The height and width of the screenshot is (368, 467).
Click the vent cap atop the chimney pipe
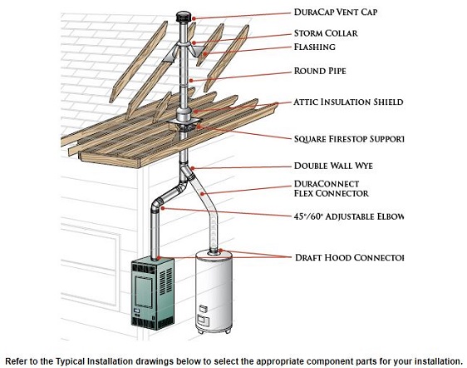pos(182,17)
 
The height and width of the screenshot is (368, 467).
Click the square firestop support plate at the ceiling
pos(183,126)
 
